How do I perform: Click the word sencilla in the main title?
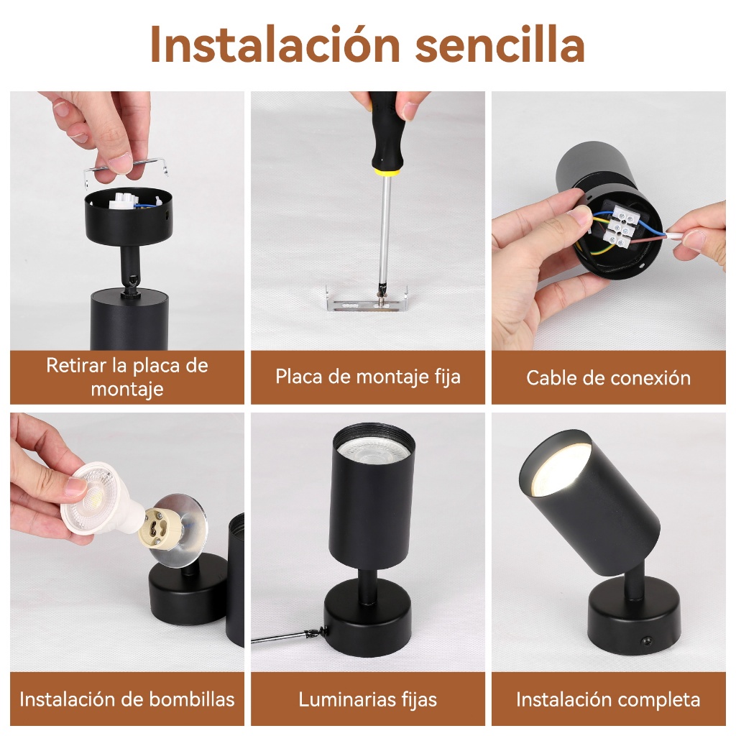tap(500, 45)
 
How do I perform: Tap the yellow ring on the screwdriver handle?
tap(386, 172)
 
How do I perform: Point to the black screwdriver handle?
tap(386, 132)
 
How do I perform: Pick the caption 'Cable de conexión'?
tap(608, 378)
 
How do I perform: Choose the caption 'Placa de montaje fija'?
tap(368, 377)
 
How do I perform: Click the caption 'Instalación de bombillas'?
tap(127, 699)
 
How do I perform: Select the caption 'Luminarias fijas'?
tap(368, 700)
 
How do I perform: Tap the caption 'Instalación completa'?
tap(608, 700)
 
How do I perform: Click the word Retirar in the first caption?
tap(77, 366)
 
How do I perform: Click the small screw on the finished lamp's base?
tap(648, 640)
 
